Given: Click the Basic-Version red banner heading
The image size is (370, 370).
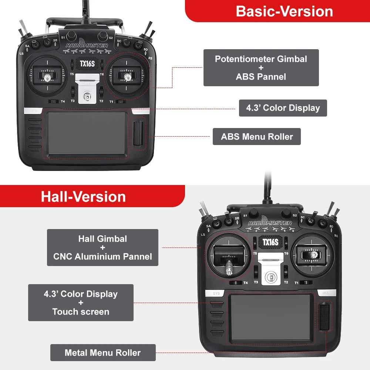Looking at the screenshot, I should (284, 11).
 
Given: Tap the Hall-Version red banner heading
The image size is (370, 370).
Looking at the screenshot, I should (83, 196).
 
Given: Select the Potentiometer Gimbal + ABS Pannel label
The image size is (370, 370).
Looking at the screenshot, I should (261, 68).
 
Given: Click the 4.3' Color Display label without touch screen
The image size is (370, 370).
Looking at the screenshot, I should (283, 108).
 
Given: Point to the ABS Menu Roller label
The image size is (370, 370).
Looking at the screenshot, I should (257, 137).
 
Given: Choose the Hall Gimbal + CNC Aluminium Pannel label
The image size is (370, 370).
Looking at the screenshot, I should (102, 248).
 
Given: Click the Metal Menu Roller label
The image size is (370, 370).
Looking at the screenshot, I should (103, 353).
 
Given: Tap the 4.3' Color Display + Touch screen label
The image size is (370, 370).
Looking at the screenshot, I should (81, 303).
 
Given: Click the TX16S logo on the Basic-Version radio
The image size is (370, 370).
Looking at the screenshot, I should (87, 63).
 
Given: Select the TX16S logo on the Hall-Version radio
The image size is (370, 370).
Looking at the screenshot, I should (270, 242).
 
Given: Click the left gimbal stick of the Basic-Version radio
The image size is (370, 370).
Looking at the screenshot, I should (48, 77).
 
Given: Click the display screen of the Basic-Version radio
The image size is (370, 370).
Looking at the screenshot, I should (87, 133).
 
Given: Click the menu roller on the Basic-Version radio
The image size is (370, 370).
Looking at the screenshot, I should (138, 134).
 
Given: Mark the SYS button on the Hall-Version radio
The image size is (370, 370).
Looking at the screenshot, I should (216, 293).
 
